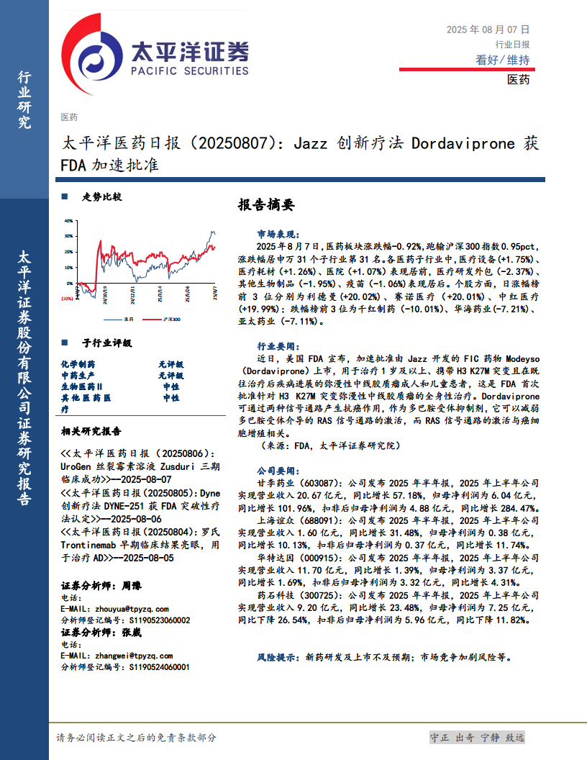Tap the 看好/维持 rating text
click(502, 60)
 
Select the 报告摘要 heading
click(265, 205)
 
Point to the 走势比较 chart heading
click(101, 196)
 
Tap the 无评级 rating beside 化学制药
click(170, 365)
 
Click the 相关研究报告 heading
click(91, 432)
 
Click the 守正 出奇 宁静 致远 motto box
click(477, 738)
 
